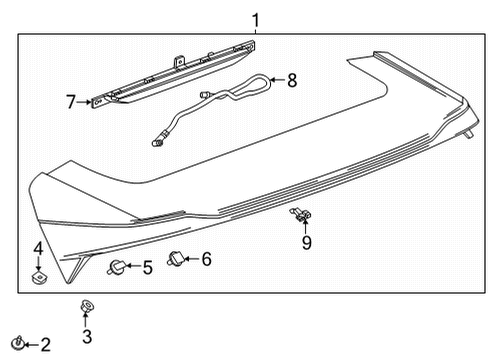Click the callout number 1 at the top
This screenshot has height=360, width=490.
(x=256, y=19)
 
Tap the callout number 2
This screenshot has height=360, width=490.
(x=44, y=345)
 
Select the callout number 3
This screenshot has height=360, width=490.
(x=87, y=336)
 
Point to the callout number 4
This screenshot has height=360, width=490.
(x=38, y=248)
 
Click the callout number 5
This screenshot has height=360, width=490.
(x=146, y=267)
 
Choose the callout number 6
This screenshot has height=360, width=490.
(x=206, y=259)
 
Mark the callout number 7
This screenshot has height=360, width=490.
(x=71, y=101)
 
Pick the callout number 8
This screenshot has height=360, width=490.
(x=292, y=79)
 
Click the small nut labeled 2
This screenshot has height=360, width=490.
(x=17, y=345)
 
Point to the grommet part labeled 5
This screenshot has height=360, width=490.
(x=117, y=266)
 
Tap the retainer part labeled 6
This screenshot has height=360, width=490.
(x=177, y=259)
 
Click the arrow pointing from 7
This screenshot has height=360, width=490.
(x=86, y=101)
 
